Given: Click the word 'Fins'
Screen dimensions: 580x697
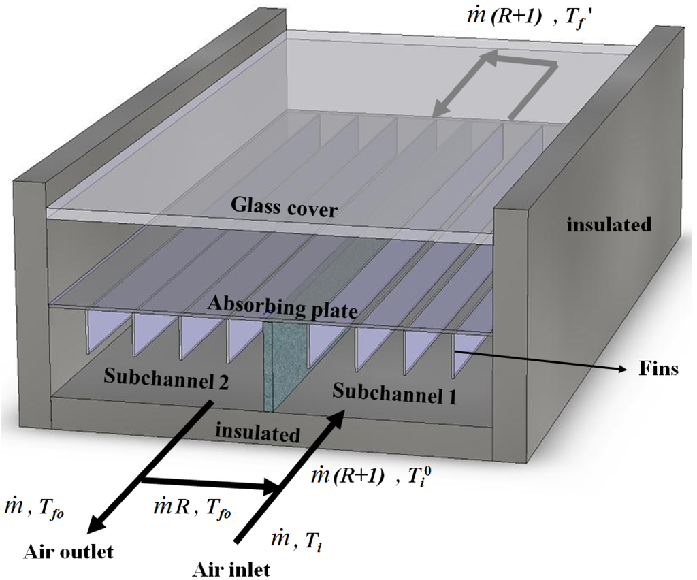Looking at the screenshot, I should [x=658, y=369].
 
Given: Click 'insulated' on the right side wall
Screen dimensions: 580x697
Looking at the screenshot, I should [x=609, y=224].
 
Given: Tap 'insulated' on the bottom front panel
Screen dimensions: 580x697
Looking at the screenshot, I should [x=257, y=432].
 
